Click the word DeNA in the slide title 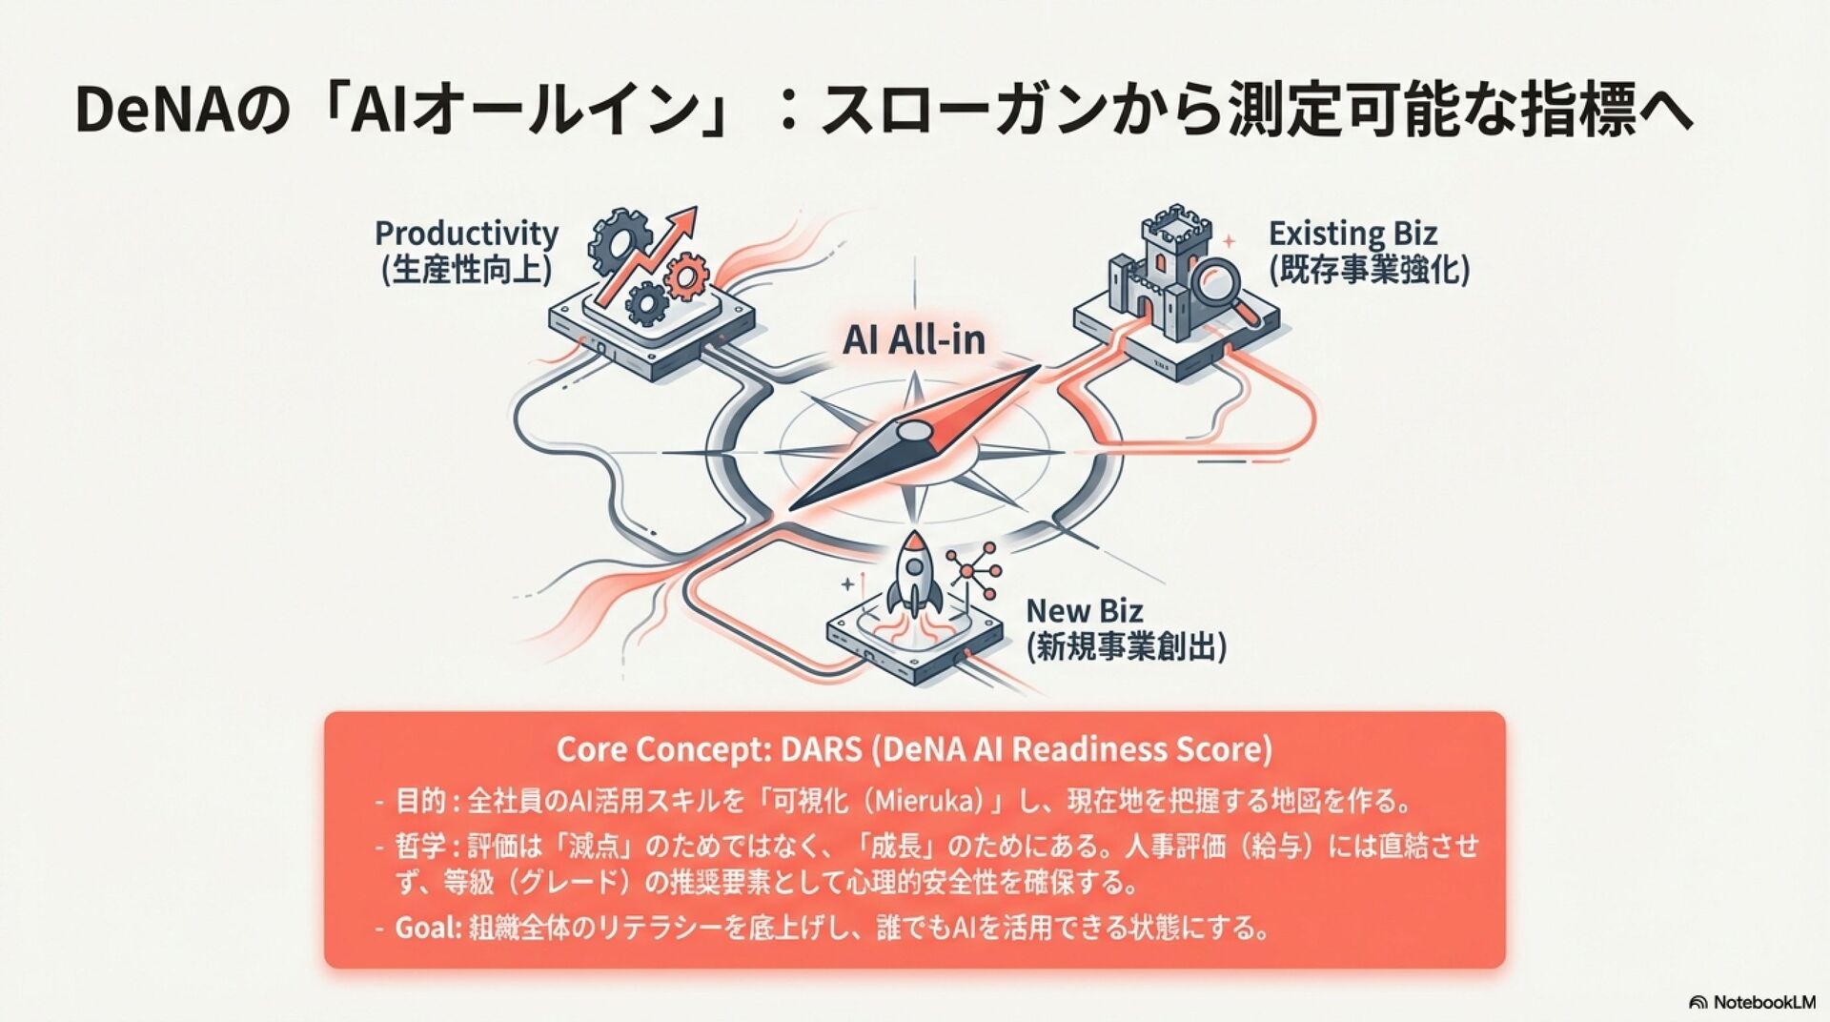click(153, 111)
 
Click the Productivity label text click(466, 233)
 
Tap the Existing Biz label click(1352, 234)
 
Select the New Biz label click(1084, 610)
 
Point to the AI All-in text click(913, 340)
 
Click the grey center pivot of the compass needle click(912, 433)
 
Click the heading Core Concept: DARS click(913, 749)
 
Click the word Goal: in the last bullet click(428, 927)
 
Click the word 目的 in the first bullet click(420, 800)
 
